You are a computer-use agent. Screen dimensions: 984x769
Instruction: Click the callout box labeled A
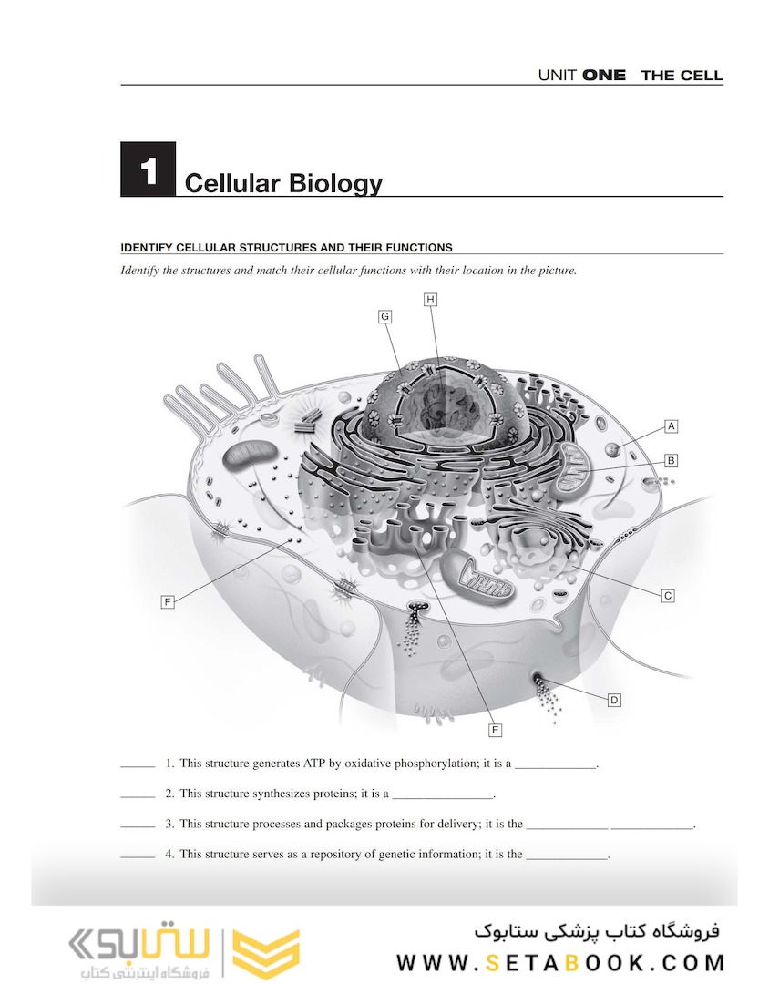coord(671,425)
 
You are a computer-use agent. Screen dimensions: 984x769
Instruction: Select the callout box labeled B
coord(671,460)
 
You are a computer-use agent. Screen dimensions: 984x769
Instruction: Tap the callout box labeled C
coord(668,596)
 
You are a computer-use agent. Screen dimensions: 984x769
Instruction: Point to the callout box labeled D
coord(614,700)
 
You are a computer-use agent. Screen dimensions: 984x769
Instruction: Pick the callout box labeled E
coord(495,730)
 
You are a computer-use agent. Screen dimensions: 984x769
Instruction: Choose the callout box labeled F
coord(168,601)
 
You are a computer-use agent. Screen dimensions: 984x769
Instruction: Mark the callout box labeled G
coord(385,316)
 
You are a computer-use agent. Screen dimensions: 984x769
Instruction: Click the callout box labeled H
coord(430,299)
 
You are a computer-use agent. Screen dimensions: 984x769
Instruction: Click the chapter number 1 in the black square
coord(147,169)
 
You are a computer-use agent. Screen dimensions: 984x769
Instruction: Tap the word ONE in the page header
coord(604,76)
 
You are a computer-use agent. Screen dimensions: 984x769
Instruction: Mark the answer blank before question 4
coord(138,857)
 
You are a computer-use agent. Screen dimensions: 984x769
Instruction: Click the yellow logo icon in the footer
coord(266,952)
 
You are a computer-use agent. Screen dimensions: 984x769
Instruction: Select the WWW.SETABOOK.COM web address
coord(560,962)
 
